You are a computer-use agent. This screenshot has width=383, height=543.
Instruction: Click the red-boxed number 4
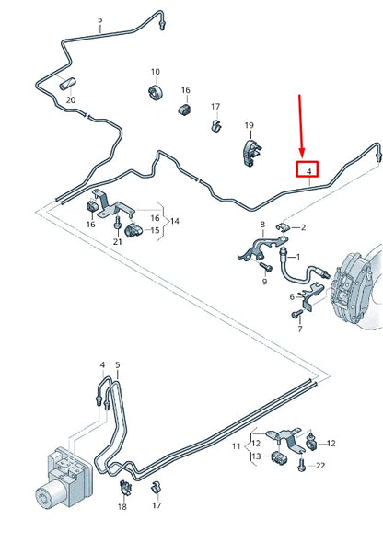coord(308,170)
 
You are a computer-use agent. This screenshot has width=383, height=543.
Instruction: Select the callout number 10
coord(155,72)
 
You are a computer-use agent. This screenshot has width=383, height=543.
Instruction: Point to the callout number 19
coord(249,125)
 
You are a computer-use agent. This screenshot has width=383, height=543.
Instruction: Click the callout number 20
coord(69,99)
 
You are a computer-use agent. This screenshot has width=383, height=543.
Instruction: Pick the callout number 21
coord(117,241)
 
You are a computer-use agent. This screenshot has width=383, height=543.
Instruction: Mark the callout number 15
coord(155,230)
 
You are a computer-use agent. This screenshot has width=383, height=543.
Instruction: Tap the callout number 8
coord(262,225)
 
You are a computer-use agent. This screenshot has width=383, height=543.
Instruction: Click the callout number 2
coord(304,226)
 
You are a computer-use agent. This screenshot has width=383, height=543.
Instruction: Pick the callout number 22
coord(321,466)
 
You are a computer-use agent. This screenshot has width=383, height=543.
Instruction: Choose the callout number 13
coord(255,456)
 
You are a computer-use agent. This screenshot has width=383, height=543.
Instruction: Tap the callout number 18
coord(122,506)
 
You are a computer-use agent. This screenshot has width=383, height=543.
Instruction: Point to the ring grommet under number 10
coord(155,93)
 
